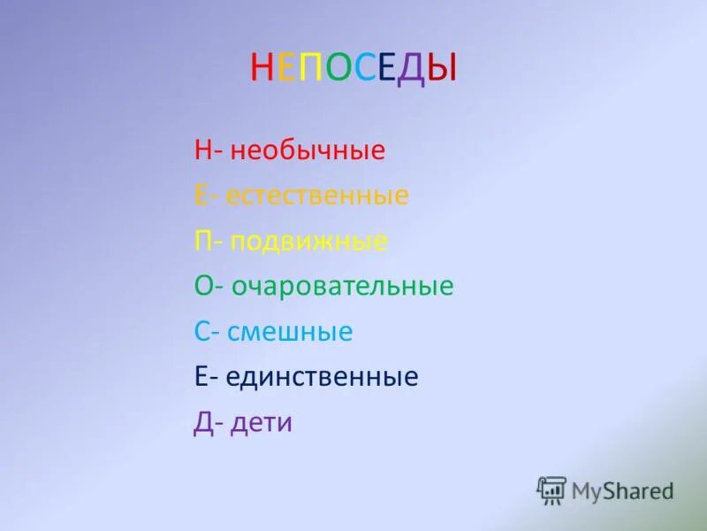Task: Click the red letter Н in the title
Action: [262, 68]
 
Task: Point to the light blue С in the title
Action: [363, 68]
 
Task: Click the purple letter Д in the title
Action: [412, 69]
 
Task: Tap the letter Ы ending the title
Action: [443, 68]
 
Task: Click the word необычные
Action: [308, 150]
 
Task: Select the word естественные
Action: [317, 196]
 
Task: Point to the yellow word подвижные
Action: [308, 242]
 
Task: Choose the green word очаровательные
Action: [343, 286]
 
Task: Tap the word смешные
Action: [290, 332]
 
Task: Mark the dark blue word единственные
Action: [322, 378]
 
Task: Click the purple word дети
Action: [261, 423]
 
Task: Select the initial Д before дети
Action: [202, 424]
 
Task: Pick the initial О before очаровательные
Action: [202, 286]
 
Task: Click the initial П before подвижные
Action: [202, 241]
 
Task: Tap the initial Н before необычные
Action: [202, 150]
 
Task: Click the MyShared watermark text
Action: [622, 489]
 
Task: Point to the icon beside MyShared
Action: [551, 489]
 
